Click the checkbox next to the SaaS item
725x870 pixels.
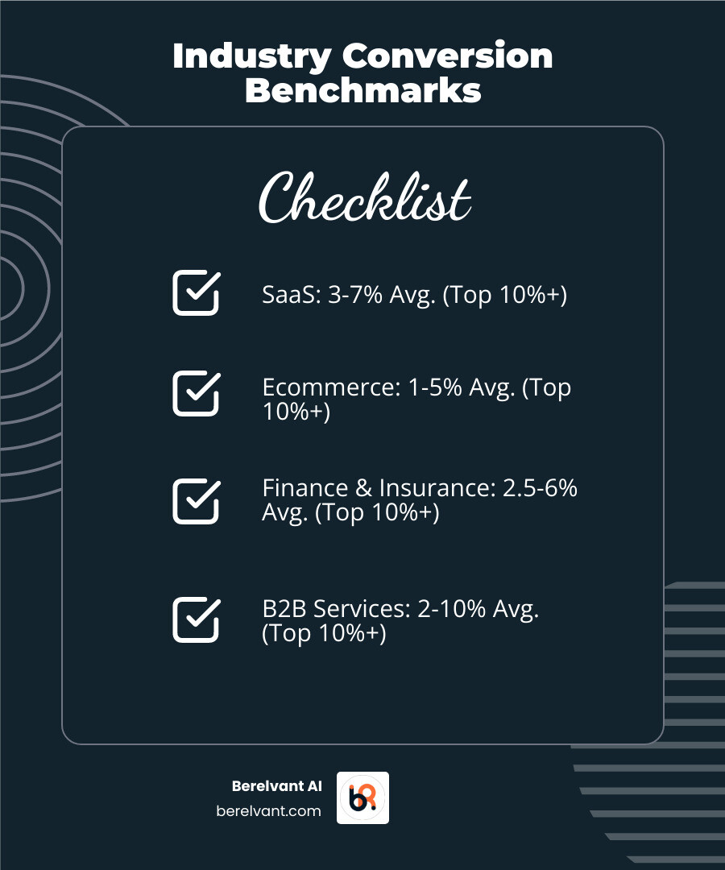click(196, 292)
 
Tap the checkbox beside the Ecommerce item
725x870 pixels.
click(196, 393)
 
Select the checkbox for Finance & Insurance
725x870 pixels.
click(196, 501)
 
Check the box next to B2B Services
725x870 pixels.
click(196, 619)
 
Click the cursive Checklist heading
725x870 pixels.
click(363, 197)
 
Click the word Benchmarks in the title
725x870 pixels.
click(363, 90)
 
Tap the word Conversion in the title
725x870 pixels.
click(447, 57)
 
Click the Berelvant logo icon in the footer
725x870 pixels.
click(362, 797)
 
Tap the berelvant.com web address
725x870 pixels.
click(269, 811)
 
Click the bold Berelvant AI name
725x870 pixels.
click(276, 787)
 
